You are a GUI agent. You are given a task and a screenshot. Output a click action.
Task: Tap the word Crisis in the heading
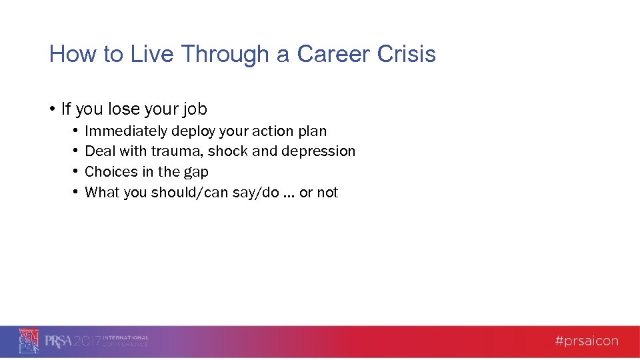point(407,54)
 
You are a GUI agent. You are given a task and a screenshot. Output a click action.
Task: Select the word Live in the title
point(151,54)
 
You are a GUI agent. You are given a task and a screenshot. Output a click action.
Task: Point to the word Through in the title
point(224,54)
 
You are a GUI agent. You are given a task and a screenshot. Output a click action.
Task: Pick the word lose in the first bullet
point(116,109)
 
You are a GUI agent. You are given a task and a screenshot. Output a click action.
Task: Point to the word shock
point(228,151)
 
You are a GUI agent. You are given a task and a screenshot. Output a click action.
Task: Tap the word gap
point(196,173)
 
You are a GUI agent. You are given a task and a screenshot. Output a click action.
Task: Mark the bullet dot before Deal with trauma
point(77,151)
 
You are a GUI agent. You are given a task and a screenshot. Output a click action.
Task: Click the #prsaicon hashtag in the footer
point(587,341)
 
